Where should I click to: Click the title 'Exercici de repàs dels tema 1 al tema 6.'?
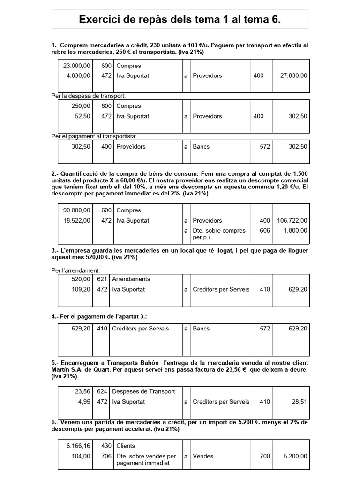pos(180,19)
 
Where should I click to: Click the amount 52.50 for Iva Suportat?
pos(81,116)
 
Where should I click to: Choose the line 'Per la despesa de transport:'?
pos(89,96)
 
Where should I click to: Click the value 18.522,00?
pos(77,220)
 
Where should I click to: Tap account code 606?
pos(265,230)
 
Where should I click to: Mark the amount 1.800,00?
pos(296,230)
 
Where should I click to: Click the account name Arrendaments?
pos(131,279)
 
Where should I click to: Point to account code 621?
pos(102,279)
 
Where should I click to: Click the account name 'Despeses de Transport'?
pos(143,391)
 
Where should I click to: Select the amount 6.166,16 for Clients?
pos(78,446)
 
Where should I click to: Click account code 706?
pos(106,456)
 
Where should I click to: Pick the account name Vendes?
pos(203,456)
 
